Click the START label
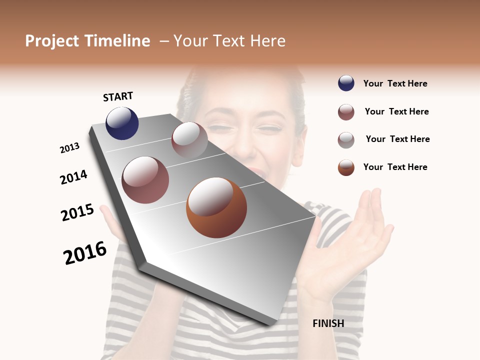point(118,96)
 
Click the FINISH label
point(328,323)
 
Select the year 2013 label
point(69,148)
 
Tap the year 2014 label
point(73,177)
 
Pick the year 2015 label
point(77,212)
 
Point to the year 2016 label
point(85,252)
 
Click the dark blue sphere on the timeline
point(122,123)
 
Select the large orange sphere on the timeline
point(216,207)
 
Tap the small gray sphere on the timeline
point(189,139)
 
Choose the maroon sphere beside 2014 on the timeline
point(145,180)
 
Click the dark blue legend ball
point(346,83)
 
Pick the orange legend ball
point(346,167)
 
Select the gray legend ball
point(346,140)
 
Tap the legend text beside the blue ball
point(395,83)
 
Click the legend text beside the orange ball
point(395,167)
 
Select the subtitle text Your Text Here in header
point(229,41)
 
